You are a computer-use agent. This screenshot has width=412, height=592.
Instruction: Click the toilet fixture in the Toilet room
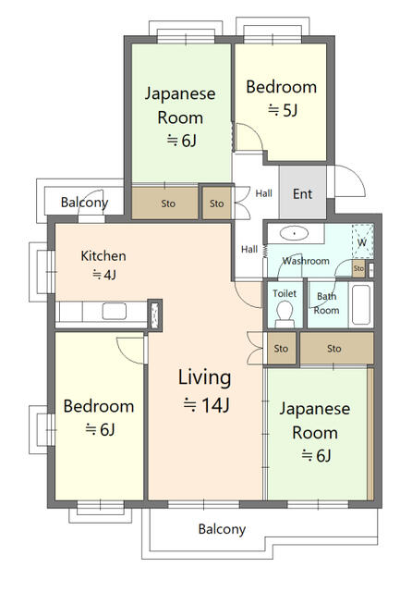tap(285, 315)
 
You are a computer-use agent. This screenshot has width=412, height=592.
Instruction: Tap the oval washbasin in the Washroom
tap(295, 233)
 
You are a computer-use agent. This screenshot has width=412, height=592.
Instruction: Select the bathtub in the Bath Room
tap(361, 304)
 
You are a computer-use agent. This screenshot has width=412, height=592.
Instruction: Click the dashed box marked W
tap(362, 241)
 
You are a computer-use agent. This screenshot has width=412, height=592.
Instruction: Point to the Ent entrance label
tap(302, 193)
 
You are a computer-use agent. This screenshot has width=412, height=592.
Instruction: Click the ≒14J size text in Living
tap(206, 405)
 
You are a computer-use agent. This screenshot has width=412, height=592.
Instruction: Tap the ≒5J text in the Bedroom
tap(283, 110)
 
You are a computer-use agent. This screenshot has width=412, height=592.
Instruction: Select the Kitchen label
tap(103, 256)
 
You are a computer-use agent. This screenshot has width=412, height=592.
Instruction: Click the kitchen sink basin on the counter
tap(115, 312)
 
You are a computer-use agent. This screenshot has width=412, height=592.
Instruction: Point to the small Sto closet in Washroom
tap(358, 268)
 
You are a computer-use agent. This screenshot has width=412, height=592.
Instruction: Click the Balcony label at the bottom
tap(222, 529)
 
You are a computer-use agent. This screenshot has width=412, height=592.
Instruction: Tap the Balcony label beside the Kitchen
tap(84, 203)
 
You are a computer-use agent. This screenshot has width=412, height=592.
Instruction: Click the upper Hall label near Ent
tap(263, 193)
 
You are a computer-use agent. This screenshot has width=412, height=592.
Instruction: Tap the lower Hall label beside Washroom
tap(249, 249)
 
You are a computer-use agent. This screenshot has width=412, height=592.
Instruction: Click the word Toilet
tap(285, 293)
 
